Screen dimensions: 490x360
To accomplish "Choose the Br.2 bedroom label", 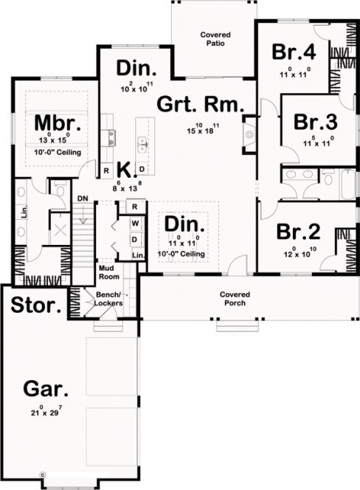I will coord(298,232).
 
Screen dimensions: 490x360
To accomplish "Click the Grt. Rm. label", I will coord(200,105).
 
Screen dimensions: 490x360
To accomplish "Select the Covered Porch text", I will coord(233,299).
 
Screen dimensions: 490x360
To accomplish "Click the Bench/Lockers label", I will coord(103,299).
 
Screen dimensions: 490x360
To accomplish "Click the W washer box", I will coord(135,222).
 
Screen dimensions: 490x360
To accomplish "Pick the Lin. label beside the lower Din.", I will coord(138,255).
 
